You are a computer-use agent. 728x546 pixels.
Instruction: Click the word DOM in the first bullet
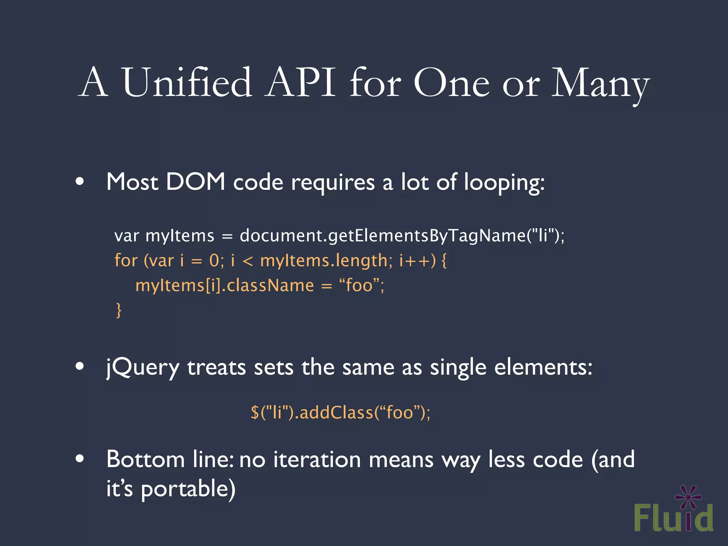(196, 182)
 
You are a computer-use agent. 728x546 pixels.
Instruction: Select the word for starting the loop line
(126, 260)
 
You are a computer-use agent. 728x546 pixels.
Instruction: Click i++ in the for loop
(414, 261)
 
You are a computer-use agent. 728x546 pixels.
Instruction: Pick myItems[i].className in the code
(225, 285)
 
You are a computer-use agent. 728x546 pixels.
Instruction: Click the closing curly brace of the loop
(119, 310)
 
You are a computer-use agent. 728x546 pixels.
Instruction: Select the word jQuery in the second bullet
(143, 368)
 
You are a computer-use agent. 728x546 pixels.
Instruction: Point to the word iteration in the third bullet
(317, 459)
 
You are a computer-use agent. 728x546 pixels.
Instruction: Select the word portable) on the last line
(188, 489)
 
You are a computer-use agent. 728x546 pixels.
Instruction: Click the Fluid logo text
(673, 518)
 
